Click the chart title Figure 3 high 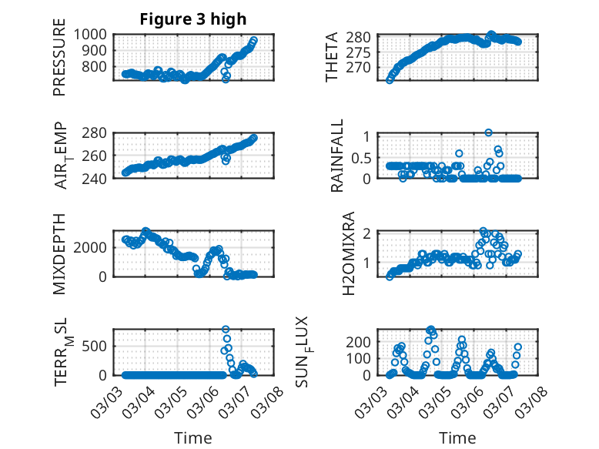(x=192, y=19)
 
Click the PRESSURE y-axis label (x=59, y=62)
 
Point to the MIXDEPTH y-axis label (x=59, y=254)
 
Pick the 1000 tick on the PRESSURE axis (x=94, y=34)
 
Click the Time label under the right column (x=457, y=438)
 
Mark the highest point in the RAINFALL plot (x=488, y=132)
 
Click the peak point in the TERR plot (x=226, y=330)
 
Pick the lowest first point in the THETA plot (x=390, y=79)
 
